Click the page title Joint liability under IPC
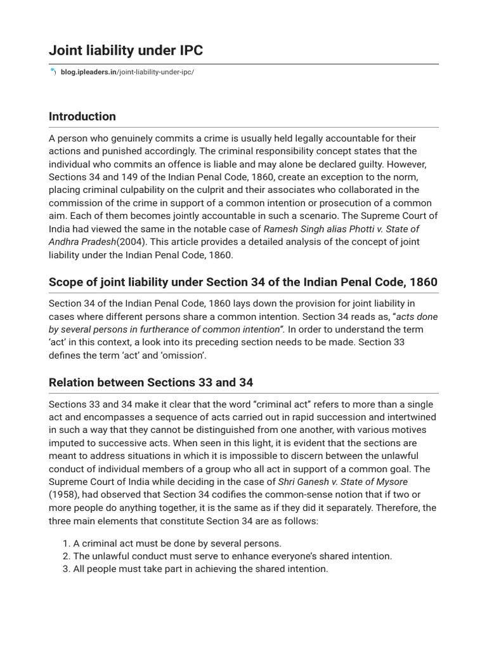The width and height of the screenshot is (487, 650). (126, 51)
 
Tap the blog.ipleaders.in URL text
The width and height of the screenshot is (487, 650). (127, 72)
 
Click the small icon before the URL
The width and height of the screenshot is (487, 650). (53, 72)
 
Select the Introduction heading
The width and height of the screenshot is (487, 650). (82, 117)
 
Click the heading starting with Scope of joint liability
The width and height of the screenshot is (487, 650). (243, 282)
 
